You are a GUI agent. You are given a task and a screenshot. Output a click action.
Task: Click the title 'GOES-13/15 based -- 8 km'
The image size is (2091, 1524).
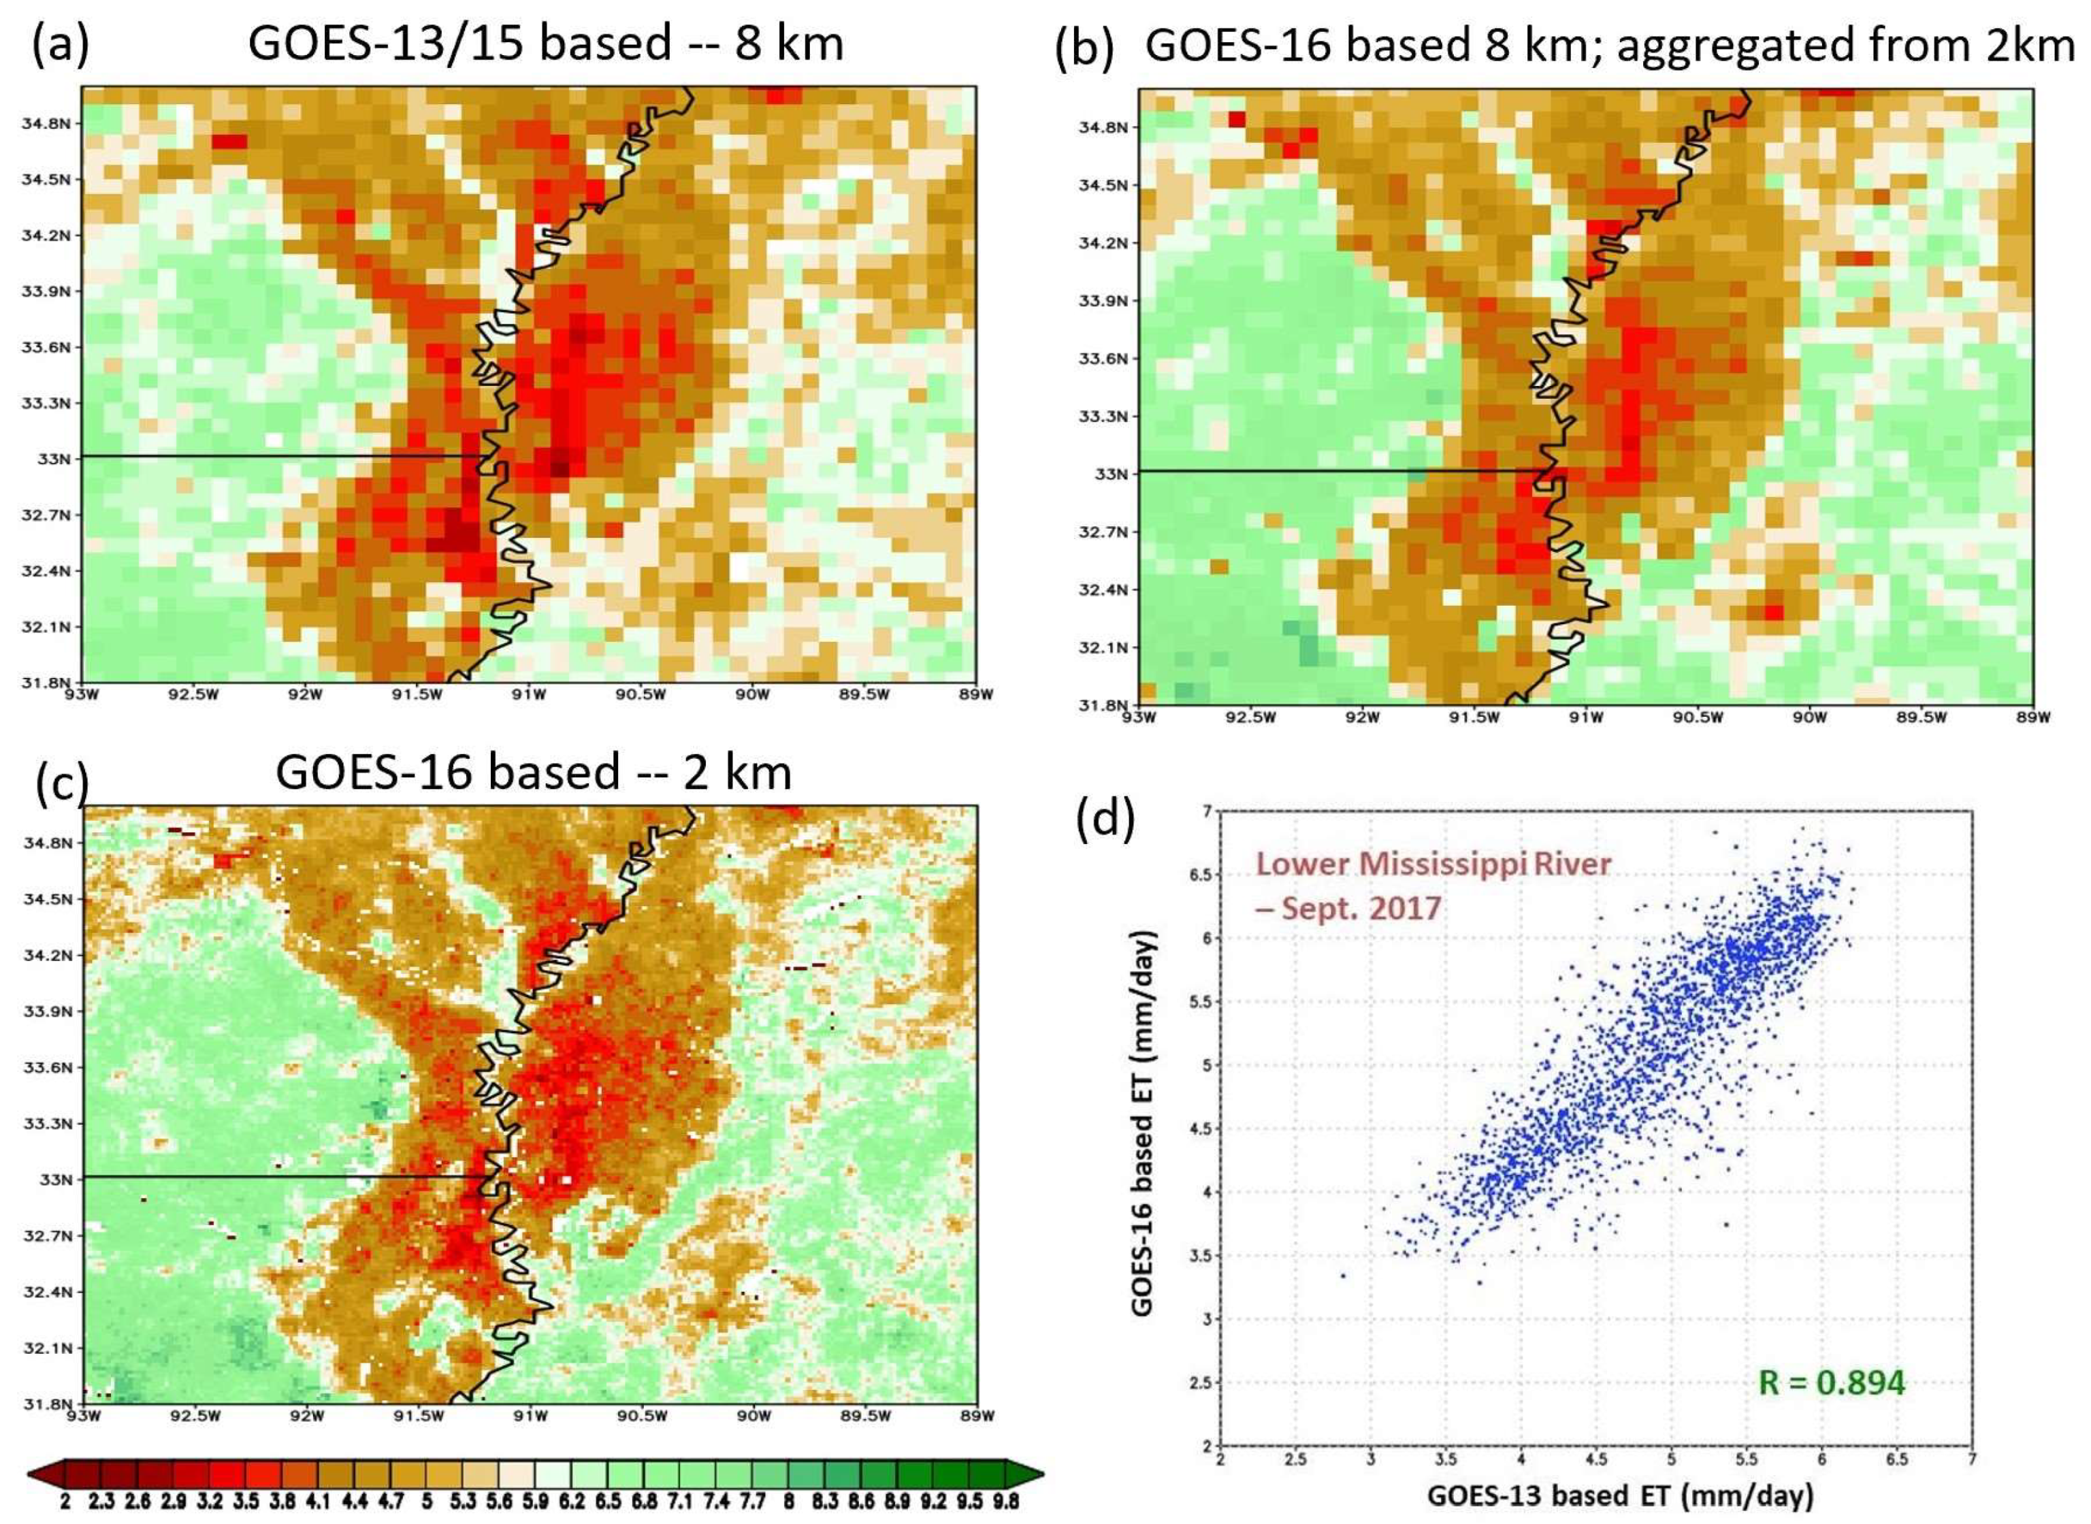(546, 44)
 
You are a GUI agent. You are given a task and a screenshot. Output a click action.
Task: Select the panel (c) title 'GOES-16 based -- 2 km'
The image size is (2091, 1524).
(533, 771)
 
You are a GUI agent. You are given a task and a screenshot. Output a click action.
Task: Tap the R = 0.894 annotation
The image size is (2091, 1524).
(1831, 1382)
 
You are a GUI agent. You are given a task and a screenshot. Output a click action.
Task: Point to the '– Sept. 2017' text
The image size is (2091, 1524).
(1348, 908)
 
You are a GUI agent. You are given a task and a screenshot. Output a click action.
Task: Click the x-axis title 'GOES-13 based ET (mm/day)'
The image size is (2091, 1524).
(1608, 1495)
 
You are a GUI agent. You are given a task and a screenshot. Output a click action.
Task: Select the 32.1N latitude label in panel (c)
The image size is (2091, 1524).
(46, 1348)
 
